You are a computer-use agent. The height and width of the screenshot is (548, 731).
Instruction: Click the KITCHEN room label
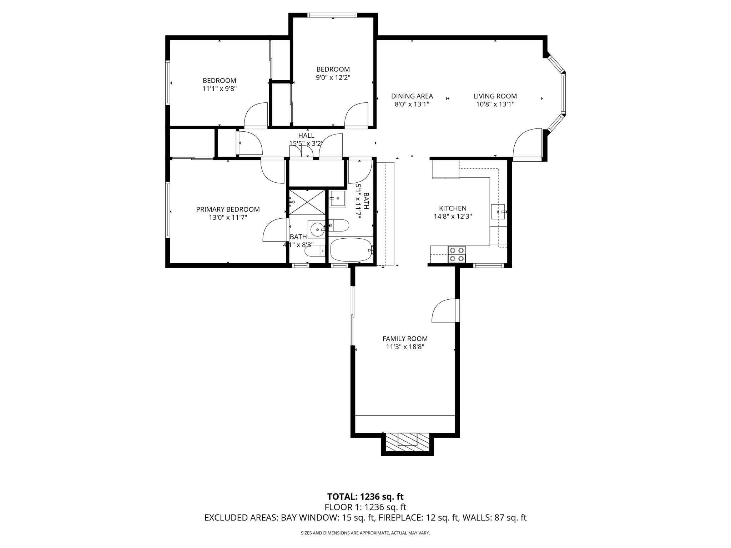tap(453, 208)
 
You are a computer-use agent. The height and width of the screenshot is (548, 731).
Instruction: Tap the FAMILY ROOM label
tap(405, 339)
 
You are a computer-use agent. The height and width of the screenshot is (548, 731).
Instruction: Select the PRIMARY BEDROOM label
tap(228, 209)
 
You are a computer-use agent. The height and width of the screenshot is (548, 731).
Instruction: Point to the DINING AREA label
tap(412, 96)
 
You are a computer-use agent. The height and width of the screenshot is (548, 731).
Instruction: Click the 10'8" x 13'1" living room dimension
tap(495, 104)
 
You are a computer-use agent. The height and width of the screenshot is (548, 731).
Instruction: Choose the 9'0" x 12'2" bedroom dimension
tap(333, 77)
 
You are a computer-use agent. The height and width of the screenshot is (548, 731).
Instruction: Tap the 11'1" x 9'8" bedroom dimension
tap(220, 88)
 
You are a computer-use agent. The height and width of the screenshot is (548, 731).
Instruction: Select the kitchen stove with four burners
tap(457, 254)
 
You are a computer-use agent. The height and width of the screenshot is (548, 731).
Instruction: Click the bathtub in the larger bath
tap(351, 250)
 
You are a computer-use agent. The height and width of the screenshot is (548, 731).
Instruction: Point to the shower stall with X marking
tap(307, 202)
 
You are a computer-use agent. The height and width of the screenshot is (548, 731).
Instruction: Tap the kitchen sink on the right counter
tap(498, 212)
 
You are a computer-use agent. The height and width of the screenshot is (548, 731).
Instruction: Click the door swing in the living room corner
tap(526, 144)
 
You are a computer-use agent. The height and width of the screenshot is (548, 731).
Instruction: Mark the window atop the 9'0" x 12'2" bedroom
tap(332, 15)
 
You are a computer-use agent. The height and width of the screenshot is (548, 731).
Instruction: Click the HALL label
tap(306, 136)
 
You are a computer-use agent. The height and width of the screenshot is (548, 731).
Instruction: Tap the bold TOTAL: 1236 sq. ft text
tap(365, 497)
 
